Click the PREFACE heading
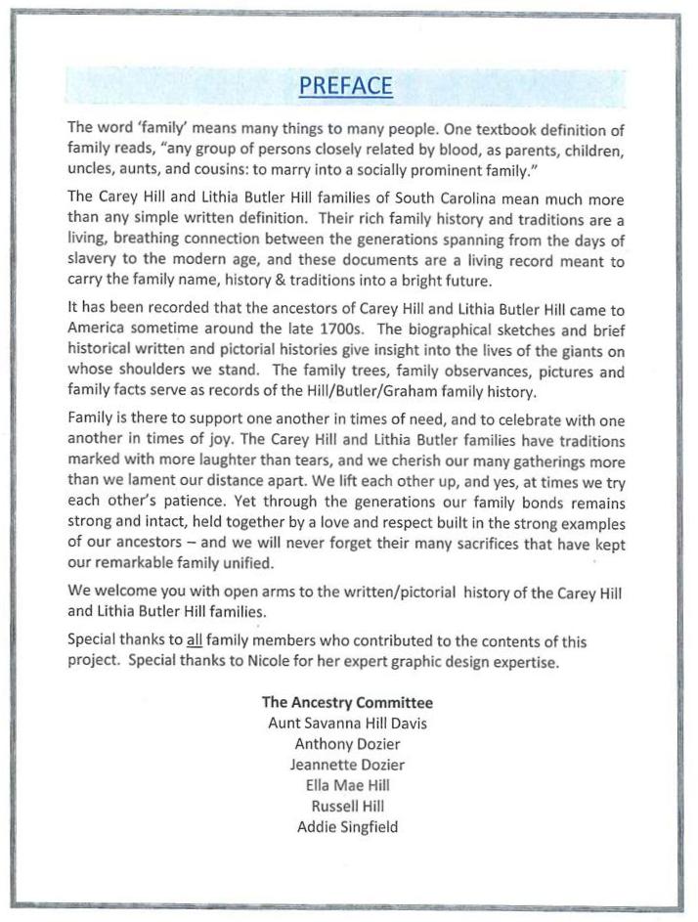point(346,86)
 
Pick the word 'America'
point(99,327)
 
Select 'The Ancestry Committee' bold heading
point(347,703)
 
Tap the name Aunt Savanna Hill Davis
point(347,724)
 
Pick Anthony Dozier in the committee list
point(347,744)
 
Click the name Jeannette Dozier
point(347,765)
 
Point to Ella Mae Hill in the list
point(347,785)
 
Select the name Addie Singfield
point(347,827)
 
